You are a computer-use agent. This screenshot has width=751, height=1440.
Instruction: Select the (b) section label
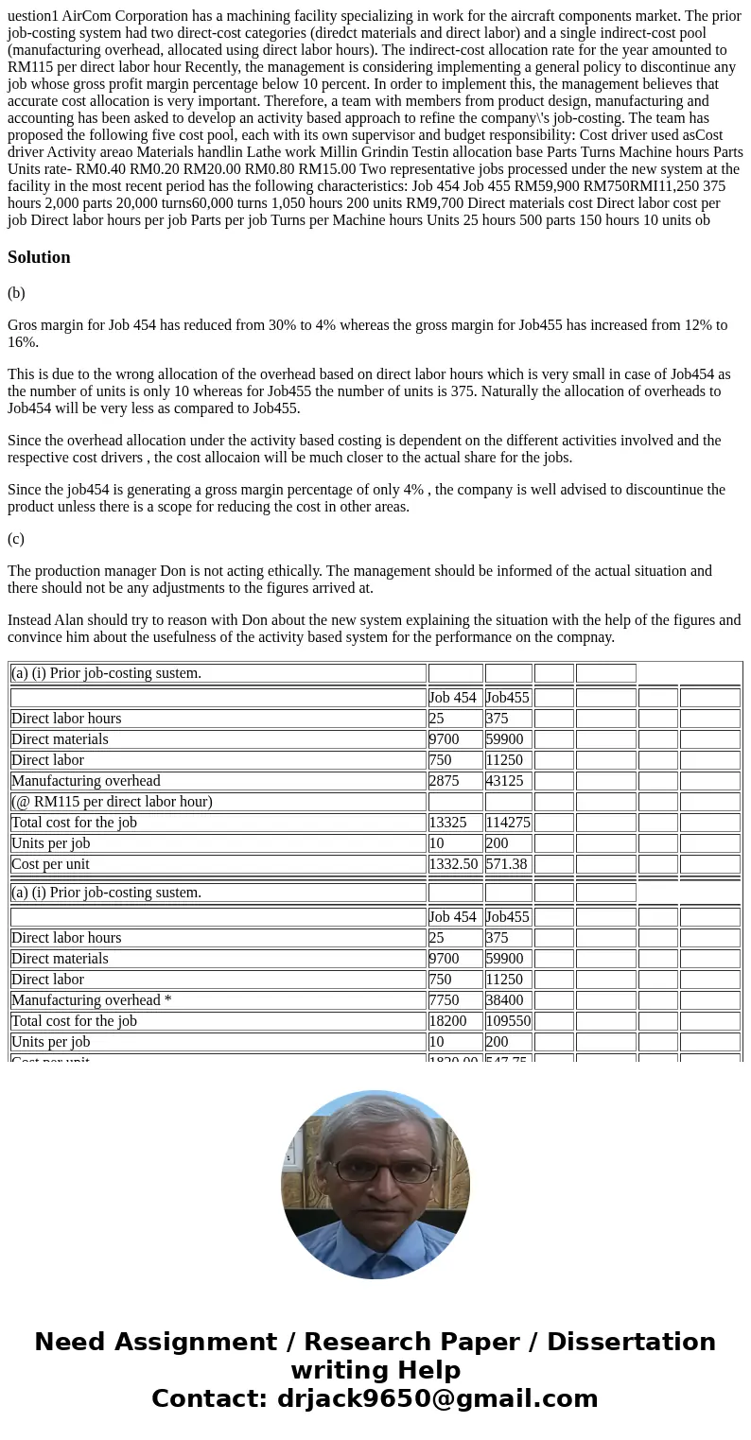tap(16, 293)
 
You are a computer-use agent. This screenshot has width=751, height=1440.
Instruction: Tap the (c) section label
tap(16, 539)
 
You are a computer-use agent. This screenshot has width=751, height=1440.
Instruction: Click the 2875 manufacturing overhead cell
tap(444, 781)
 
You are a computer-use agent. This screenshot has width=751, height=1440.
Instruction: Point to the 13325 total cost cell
tap(447, 823)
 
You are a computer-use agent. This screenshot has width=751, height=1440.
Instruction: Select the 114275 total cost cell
tap(508, 823)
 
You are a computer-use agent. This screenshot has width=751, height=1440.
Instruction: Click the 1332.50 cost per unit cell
tap(454, 864)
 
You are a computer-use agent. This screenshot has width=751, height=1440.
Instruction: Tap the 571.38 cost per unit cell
tap(507, 864)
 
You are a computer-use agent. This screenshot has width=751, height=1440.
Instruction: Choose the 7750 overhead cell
tap(444, 1000)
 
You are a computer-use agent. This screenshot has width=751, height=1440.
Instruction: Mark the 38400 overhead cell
tap(504, 1000)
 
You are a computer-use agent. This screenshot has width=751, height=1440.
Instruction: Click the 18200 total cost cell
tap(447, 1021)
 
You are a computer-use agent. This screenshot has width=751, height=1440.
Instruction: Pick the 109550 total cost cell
tap(508, 1021)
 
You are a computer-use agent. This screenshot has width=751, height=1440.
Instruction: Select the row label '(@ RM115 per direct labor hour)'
tap(112, 802)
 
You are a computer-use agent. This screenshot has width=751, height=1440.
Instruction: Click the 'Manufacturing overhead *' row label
tap(91, 1000)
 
